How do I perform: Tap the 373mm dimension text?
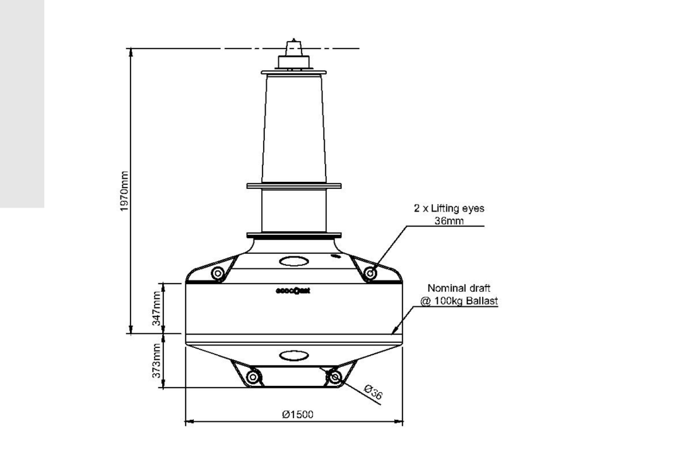point(156,361)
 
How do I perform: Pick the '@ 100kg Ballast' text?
point(459,301)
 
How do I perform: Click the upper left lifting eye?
point(218,273)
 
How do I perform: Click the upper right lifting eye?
point(370,273)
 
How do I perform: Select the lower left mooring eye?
point(252,377)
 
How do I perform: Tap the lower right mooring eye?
point(335,377)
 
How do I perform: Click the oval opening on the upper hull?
point(293,260)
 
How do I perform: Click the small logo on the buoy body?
point(293,292)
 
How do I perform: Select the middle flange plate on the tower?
point(294,186)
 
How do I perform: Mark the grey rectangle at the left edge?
point(22,104)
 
